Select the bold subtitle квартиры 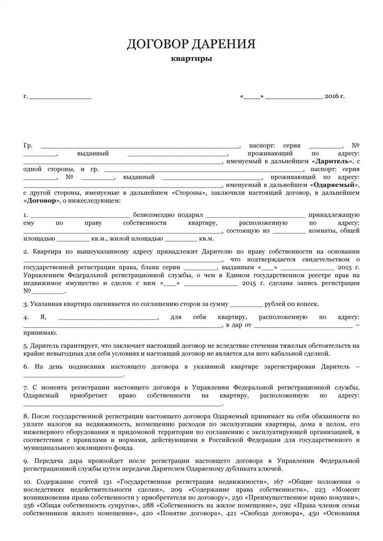[x=192, y=58]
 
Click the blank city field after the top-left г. [x=60, y=96]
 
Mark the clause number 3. [x=25, y=304]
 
